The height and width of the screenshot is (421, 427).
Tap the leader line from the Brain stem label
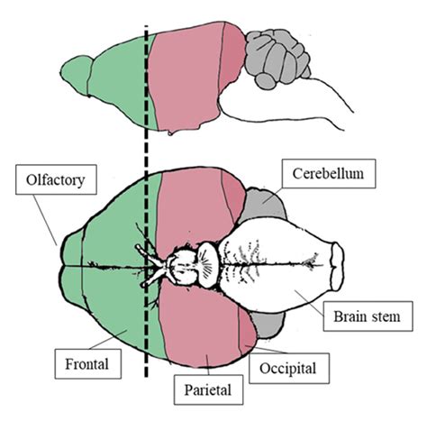[311, 295]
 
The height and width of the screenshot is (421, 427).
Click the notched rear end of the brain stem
[341, 267]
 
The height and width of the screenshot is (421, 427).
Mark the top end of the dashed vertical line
[145, 27]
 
